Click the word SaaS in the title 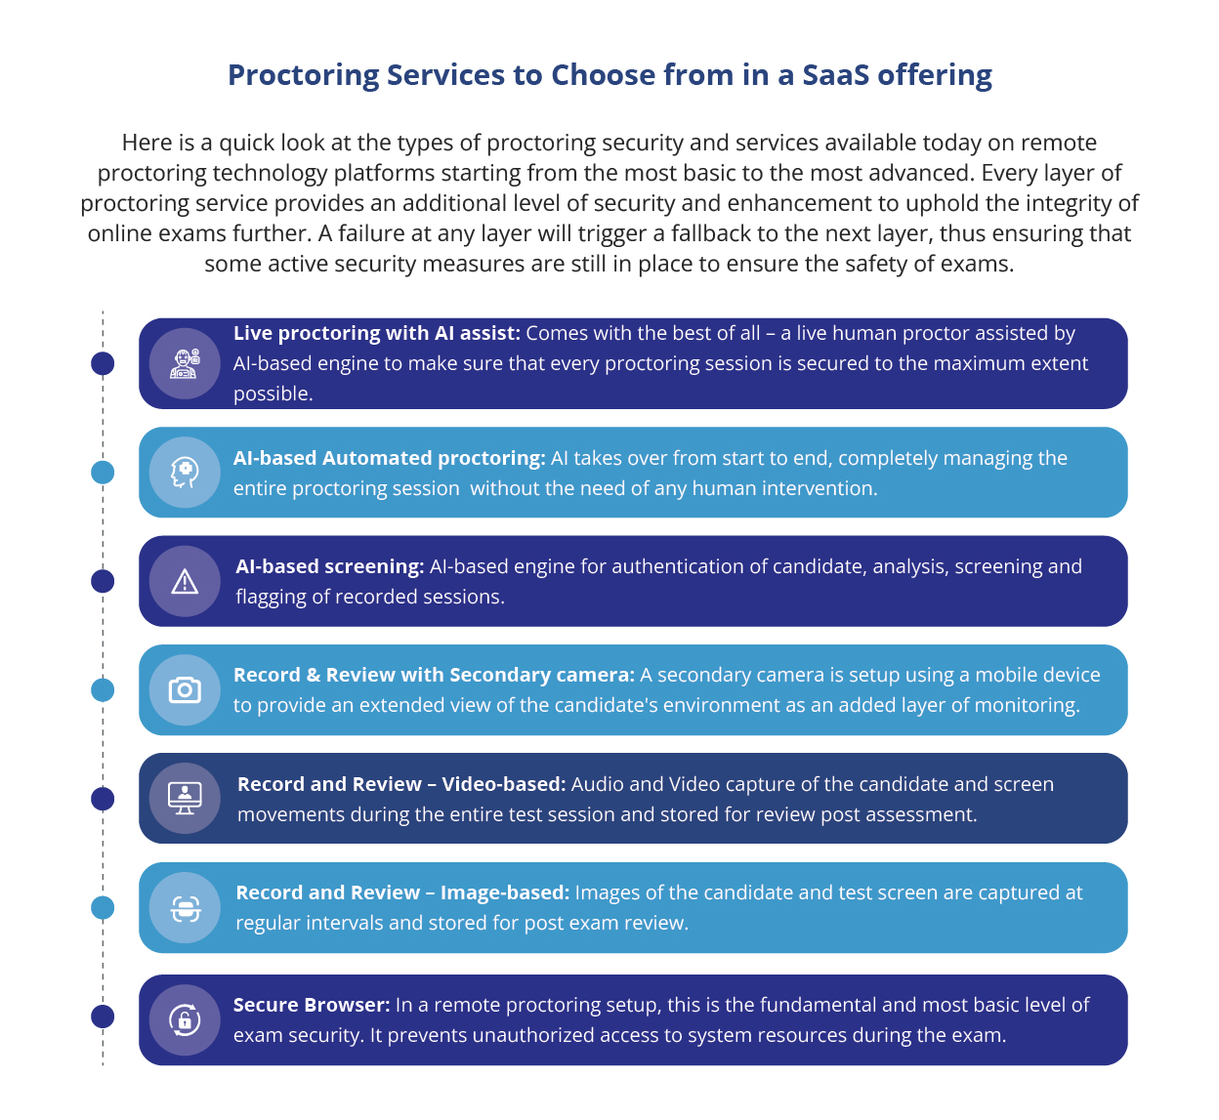(x=835, y=75)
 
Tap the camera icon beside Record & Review (x=185, y=689)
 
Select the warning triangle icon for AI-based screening (x=185, y=582)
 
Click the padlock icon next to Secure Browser (x=185, y=1019)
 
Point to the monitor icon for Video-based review (x=185, y=798)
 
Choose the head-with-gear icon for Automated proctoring (x=185, y=473)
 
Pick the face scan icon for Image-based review (x=186, y=908)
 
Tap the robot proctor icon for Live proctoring (x=185, y=363)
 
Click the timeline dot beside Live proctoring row (x=103, y=363)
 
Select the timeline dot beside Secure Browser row (x=103, y=1016)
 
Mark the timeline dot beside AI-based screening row (x=103, y=582)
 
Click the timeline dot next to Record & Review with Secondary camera (x=103, y=689)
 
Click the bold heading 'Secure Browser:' (x=312, y=1005)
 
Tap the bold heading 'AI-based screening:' (x=330, y=566)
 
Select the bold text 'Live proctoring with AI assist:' (x=377, y=333)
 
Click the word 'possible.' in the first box (x=273, y=394)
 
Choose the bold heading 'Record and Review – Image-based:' (x=402, y=892)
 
